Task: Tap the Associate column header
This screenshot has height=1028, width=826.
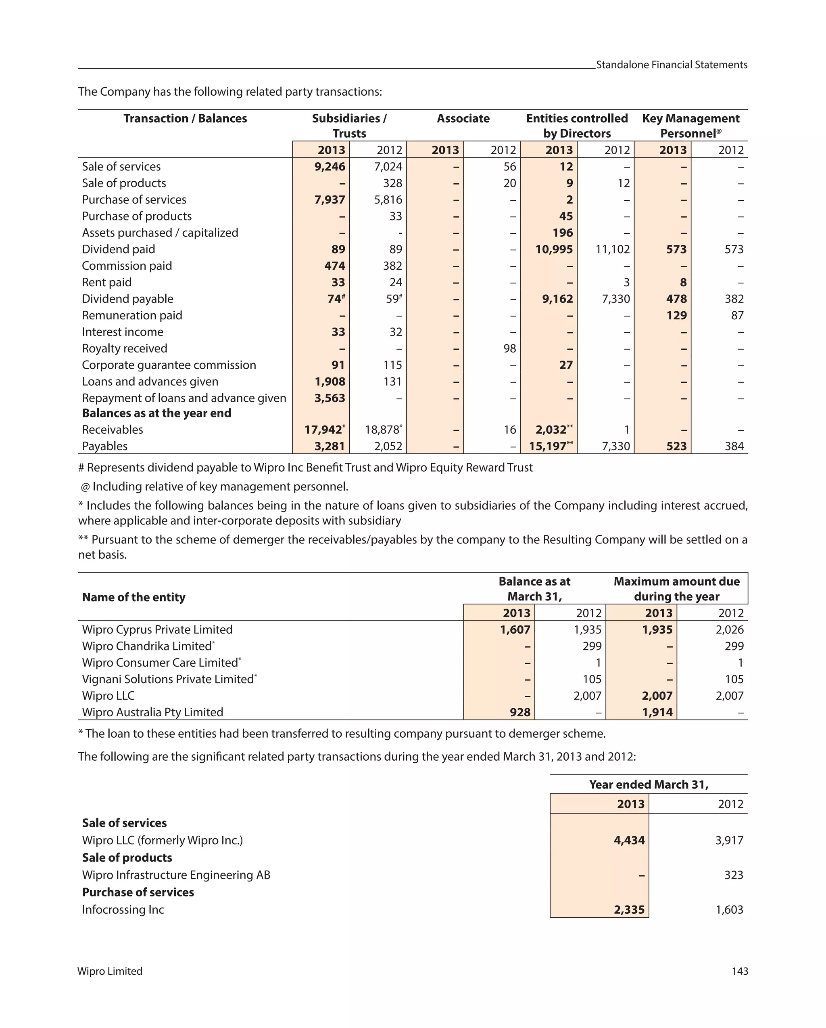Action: click(463, 118)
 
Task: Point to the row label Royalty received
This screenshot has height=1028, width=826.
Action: click(124, 348)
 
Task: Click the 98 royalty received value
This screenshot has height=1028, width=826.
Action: click(509, 348)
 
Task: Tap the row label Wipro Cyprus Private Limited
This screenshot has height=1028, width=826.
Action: click(157, 629)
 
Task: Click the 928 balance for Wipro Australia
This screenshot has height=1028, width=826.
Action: click(520, 712)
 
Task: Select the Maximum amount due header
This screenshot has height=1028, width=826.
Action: click(676, 589)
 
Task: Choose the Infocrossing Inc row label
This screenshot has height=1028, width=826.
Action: click(123, 909)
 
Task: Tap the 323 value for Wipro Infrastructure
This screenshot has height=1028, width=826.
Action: click(733, 875)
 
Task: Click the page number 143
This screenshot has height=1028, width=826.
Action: click(739, 971)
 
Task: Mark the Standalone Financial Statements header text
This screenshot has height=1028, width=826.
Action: click(671, 65)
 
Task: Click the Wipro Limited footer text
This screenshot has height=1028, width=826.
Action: click(110, 971)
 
